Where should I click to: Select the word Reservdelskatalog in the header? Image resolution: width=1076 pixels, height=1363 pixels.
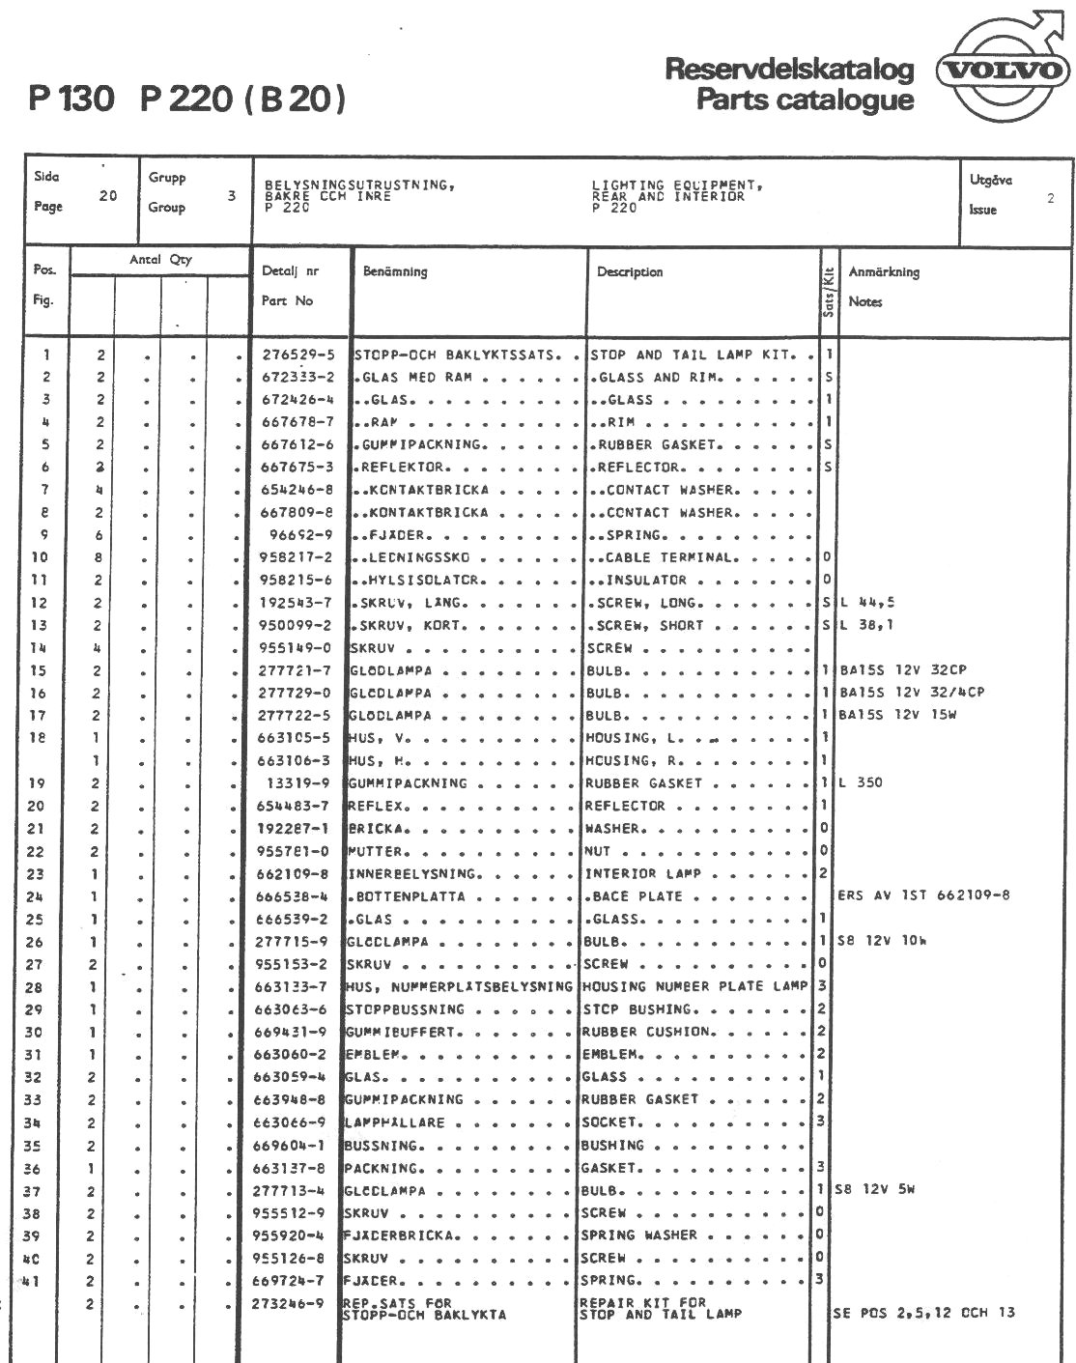[788, 70]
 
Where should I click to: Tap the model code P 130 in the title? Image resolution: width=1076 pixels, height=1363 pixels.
[72, 99]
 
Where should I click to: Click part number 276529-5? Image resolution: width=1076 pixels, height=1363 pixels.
[297, 355]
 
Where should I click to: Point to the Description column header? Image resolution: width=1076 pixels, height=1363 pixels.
[630, 272]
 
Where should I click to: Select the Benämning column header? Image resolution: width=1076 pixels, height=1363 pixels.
[395, 272]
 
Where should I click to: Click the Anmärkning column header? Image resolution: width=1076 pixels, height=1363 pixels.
[884, 272]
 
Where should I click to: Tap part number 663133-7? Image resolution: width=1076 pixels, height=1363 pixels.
[291, 987]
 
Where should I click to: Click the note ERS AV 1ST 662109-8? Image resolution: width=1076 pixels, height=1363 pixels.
[923, 895]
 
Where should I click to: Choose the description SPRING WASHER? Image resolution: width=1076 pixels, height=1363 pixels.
[638, 1235]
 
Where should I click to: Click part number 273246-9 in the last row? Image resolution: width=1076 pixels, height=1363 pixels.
[288, 1303]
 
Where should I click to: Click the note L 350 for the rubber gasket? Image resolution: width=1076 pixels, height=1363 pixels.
[862, 783]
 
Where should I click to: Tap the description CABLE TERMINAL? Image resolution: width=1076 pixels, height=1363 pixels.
[671, 558]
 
